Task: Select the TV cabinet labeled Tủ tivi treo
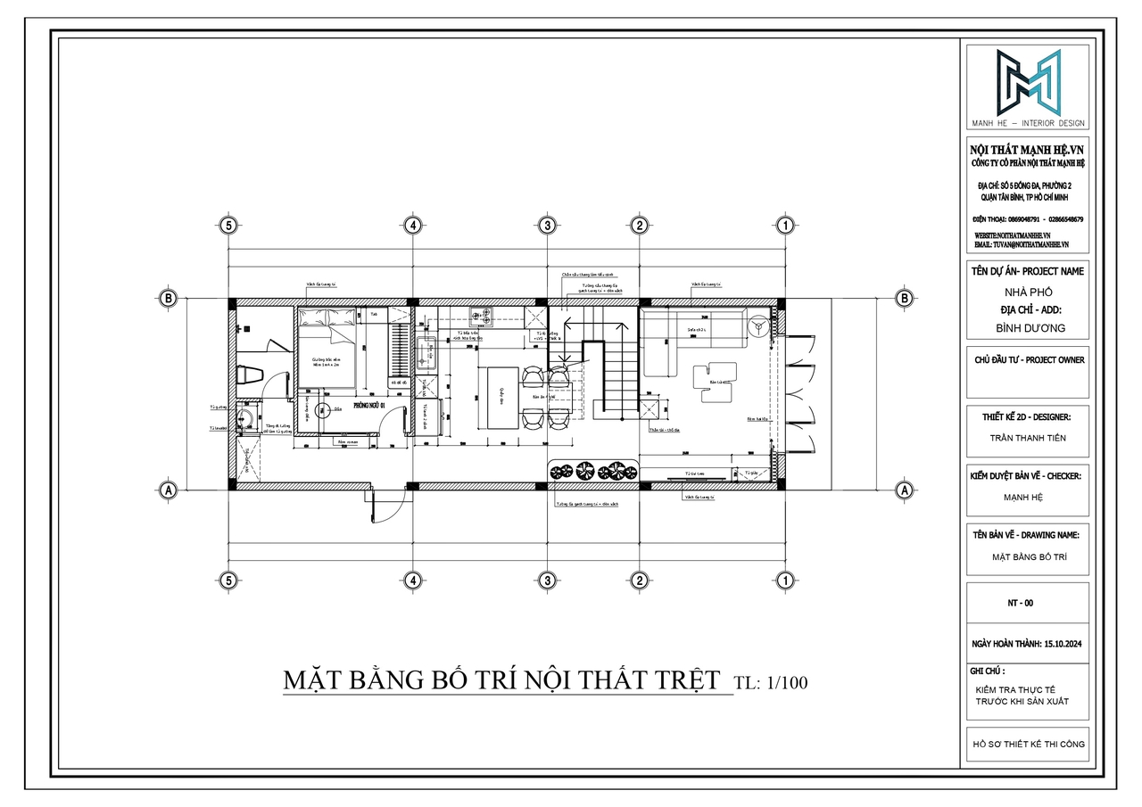[x=691, y=473]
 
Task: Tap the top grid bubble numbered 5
[x=229, y=225]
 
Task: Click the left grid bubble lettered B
[x=167, y=298]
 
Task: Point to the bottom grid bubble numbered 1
[x=784, y=581]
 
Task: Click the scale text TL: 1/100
[x=770, y=683]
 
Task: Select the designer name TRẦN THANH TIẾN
[x=1028, y=438]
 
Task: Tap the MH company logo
[x=1029, y=83]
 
